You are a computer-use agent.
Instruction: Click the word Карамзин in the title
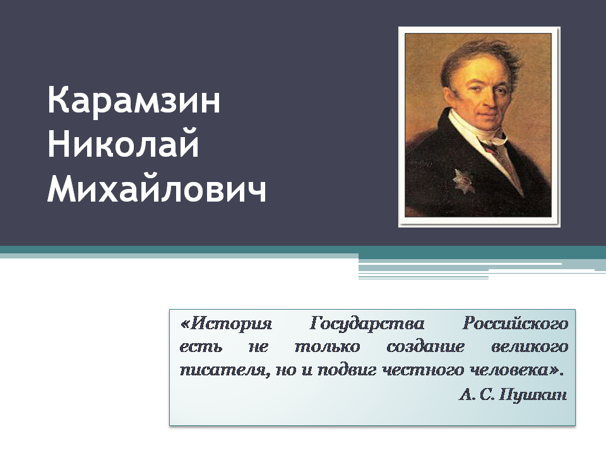tap(134, 100)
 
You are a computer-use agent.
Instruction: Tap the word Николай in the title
tap(123, 143)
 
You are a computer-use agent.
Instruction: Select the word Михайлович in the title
tap(157, 189)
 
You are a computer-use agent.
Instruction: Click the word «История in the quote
tap(226, 324)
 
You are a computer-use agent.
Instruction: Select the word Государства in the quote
tap(367, 324)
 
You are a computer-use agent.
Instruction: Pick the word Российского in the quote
tap(515, 324)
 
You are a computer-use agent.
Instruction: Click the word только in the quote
tap(328, 347)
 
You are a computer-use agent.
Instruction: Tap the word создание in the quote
tap(425, 347)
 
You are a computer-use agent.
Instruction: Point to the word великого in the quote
tap(530, 347)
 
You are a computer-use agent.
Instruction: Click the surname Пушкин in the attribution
tap(533, 395)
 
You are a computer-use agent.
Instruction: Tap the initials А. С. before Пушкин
tap(477, 394)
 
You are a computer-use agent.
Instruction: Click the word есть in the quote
tap(201, 347)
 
